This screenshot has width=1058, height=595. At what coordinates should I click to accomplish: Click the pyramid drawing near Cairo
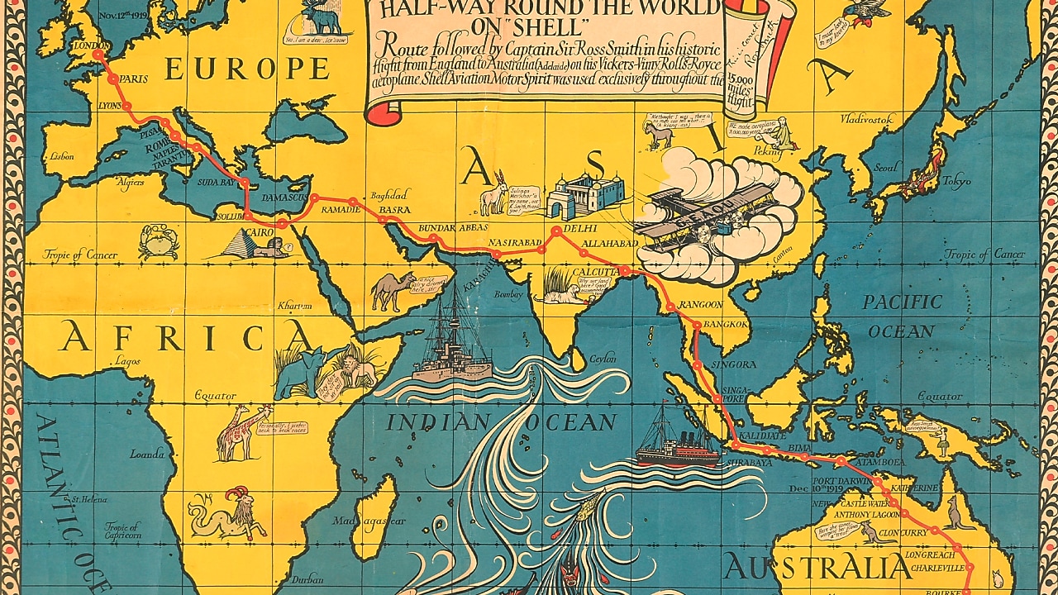point(245,243)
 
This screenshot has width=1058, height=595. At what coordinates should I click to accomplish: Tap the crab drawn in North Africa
point(158,242)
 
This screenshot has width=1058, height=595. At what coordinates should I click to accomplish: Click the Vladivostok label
point(867,119)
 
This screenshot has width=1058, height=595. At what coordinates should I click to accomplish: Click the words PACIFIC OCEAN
point(902,317)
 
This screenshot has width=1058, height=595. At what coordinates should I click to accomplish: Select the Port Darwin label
point(840,478)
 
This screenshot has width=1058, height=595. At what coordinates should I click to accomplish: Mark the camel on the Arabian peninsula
point(393,290)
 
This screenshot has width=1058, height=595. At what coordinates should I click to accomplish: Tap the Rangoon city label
point(699,304)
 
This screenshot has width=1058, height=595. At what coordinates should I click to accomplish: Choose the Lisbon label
point(62,155)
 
